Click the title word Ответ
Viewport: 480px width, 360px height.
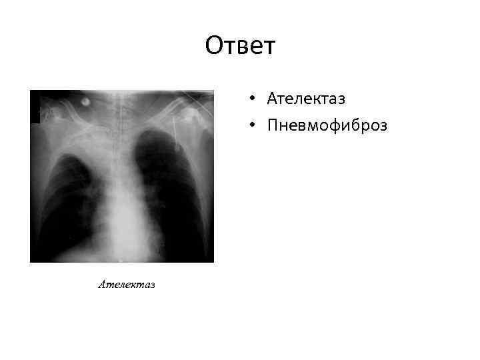[240, 46]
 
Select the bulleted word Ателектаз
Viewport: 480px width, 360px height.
[306, 99]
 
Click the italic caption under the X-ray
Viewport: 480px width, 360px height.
[127, 285]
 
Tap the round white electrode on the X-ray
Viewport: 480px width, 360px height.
[87, 103]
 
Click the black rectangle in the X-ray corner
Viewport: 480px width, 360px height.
[35, 107]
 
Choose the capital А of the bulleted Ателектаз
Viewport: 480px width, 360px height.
[272, 99]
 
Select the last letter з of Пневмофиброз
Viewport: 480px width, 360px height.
[383, 126]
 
